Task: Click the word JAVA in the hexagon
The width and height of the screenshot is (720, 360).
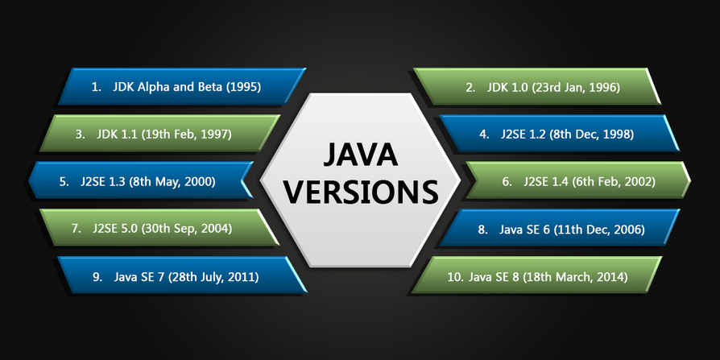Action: click(x=360, y=155)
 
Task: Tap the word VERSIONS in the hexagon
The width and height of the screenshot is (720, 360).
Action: click(x=360, y=192)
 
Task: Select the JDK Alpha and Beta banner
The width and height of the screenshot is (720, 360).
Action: click(x=181, y=87)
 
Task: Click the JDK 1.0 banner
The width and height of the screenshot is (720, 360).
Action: click(x=537, y=87)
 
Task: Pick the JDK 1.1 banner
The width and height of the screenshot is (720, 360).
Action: click(x=159, y=134)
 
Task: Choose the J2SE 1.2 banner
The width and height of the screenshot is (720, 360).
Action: click(x=559, y=134)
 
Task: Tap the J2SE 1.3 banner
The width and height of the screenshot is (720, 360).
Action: click(x=141, y=180)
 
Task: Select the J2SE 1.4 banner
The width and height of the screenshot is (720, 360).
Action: click(x=578, y=180)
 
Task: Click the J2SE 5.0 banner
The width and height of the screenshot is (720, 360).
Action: click(x=159, y=228)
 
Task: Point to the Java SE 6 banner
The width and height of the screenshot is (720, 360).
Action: click(x=559, y=228)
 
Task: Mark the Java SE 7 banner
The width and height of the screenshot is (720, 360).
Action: click(x=182, y=275)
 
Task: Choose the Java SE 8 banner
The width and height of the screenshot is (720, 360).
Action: click(x=537, y=275)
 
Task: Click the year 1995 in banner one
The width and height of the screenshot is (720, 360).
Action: click(x=244, y=87)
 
